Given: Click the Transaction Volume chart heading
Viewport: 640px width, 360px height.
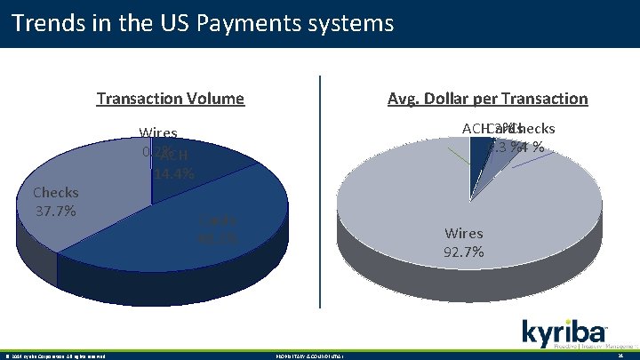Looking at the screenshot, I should point(170,99).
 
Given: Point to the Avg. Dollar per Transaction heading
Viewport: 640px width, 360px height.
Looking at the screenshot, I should point(487,99).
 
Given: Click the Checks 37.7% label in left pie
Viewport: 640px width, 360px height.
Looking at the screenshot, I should point(55,202).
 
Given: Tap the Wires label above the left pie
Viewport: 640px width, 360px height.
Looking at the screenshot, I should point(158,134).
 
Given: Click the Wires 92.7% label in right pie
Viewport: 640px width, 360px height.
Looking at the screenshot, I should point(465,243).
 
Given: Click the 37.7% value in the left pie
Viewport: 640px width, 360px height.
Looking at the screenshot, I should point(55,211).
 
